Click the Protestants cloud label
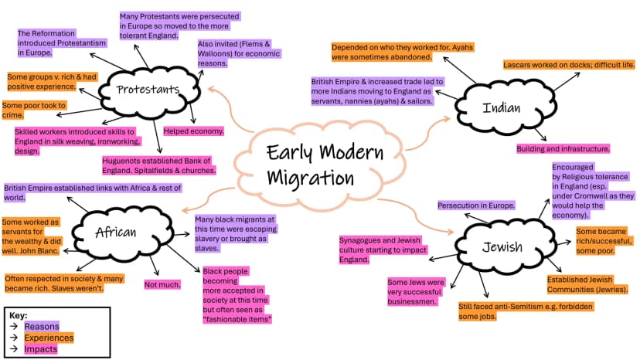148,90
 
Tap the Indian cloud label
501,107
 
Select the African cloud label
115,233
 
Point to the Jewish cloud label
502,247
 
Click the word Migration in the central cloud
310,178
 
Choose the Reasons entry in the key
42,327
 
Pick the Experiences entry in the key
49,338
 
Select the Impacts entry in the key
41,349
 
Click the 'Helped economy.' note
193,131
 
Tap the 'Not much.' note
162,285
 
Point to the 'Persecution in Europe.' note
476,205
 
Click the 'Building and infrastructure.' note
563,149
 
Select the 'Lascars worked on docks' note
569,65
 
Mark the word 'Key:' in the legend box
19,316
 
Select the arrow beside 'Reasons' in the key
14,327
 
